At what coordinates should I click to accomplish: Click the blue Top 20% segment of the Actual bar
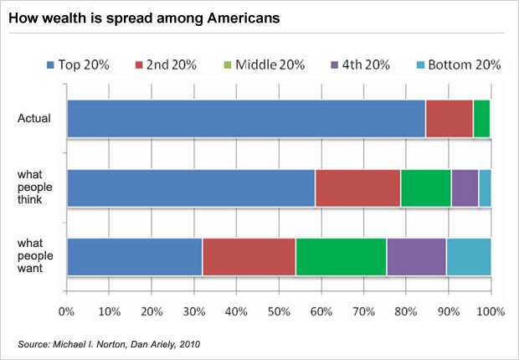coord(246,118)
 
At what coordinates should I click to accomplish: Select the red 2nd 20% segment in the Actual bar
coord(450,118)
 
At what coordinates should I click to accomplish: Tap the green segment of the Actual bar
coord(481,118)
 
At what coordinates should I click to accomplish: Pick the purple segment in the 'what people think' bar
coord(465,188)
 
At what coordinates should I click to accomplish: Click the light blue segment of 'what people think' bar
coord(485,188)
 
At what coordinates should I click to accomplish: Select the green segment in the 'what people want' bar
coord(341,256)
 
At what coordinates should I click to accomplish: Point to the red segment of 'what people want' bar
coord(249,256)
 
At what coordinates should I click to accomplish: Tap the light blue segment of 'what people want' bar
coord(469,256)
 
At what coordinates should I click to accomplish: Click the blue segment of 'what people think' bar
coord(191,188)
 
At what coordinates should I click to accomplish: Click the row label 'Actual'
coord(34,118)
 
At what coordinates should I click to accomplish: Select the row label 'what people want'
coord(34,256)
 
